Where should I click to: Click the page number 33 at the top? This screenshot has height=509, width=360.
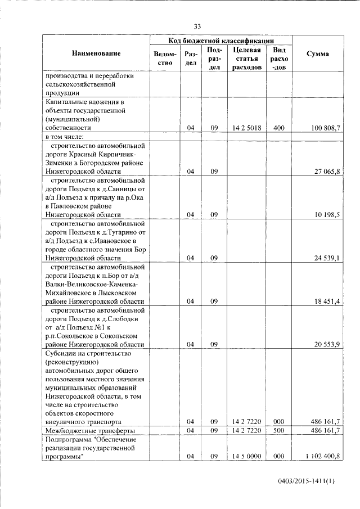(197, 26)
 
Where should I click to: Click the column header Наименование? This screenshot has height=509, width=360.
(96, 53)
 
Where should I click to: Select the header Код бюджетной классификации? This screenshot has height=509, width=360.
(221, 40)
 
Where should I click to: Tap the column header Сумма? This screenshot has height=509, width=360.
(318, 53)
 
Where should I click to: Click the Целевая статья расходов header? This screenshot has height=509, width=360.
(247, 58)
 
